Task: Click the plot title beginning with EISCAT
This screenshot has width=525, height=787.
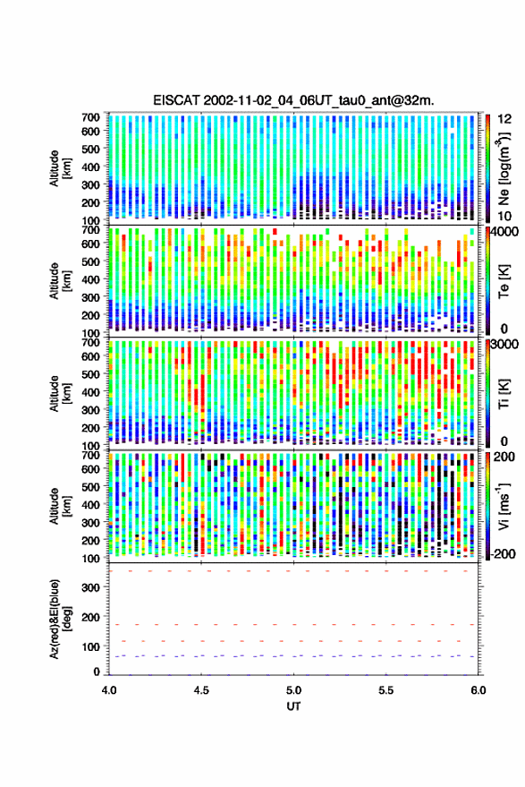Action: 293,100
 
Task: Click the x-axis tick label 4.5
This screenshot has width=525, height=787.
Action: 201,690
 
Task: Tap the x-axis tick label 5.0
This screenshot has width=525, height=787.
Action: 294,690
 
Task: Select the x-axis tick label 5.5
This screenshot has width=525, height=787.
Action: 386,690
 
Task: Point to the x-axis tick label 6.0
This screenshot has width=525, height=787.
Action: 478,690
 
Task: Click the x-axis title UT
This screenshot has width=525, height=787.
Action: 293,706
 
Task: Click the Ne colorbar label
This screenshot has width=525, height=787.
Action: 504,168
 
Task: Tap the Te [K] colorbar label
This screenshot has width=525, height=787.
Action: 504,281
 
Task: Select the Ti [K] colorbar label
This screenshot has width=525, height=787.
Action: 504,394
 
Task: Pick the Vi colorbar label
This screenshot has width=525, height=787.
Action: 504,506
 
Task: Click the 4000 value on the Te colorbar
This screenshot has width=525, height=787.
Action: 505,234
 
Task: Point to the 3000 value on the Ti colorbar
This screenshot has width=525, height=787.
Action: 505,345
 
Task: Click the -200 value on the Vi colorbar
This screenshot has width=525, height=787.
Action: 504,553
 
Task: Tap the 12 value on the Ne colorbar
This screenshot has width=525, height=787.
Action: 505,119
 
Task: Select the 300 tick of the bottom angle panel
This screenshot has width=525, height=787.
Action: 90,587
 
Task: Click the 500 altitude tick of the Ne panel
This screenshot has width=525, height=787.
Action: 90,149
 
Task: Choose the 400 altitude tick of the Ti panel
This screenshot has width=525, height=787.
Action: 90,392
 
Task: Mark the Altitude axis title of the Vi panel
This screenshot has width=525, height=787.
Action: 60,506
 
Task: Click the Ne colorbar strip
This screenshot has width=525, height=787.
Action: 487,168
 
